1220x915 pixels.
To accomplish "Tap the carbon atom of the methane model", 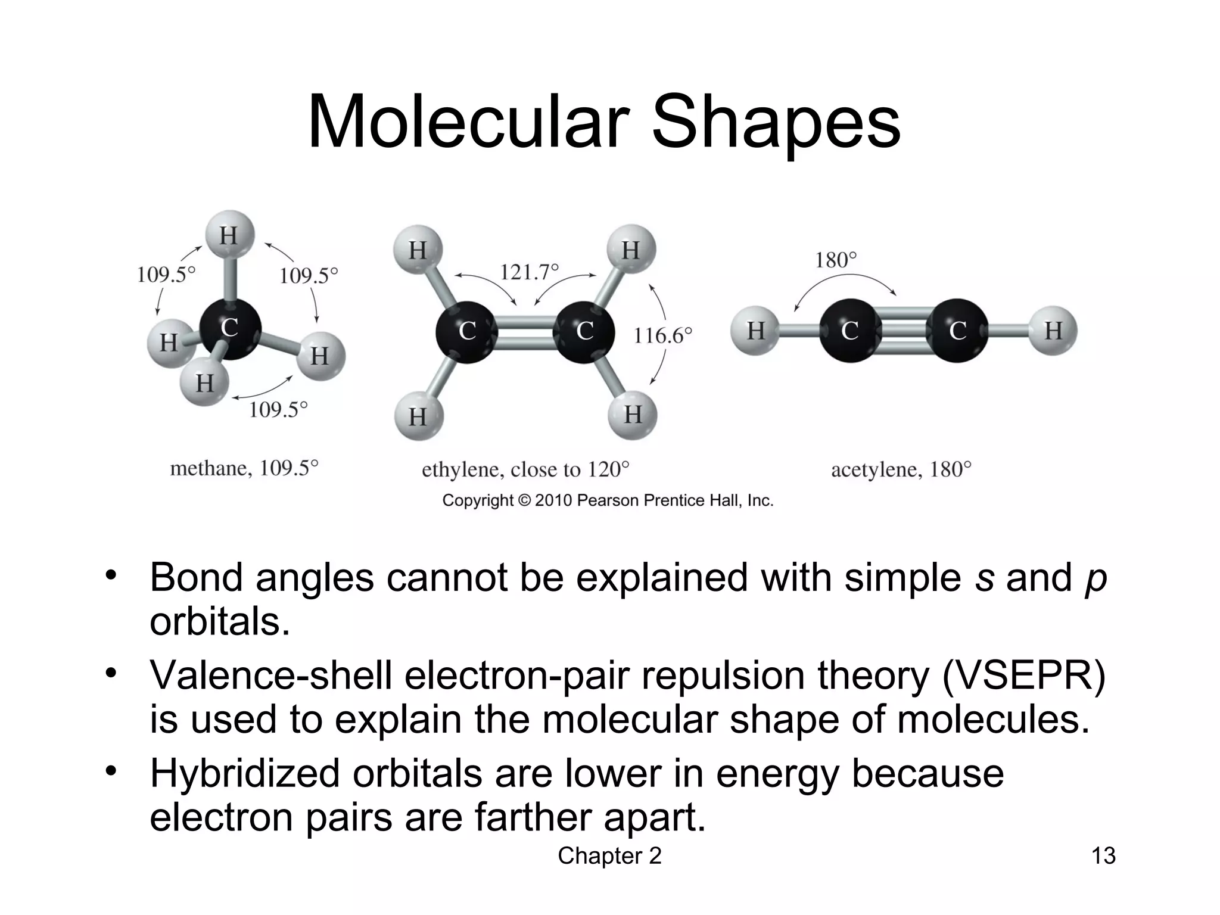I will [230, 329].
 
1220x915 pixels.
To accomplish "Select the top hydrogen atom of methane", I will [229, 235].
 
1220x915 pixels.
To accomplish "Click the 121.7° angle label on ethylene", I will [529, 272].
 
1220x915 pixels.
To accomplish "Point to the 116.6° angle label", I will [662, 335].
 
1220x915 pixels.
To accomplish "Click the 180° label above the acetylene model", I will [835, 260].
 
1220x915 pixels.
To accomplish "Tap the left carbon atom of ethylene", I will [466, 331].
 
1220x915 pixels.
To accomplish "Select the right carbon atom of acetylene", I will [957, 331].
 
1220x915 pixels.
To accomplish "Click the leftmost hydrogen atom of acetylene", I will [755, 330].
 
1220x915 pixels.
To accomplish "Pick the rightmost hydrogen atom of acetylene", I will [1053, 330].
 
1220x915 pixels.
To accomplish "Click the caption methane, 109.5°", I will [244, 468].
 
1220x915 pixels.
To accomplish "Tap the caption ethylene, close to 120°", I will [525, 470].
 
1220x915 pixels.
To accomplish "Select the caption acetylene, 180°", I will [901, 470].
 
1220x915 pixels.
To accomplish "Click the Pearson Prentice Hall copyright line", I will [608, 500].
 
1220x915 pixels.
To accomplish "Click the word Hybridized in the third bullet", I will [245, 773].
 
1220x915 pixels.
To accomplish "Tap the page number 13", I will [1103, 856].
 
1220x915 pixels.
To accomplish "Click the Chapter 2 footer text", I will [609, 856].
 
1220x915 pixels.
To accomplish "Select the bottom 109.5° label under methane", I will [278, 410].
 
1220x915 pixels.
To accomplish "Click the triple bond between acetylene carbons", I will [904, 331].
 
